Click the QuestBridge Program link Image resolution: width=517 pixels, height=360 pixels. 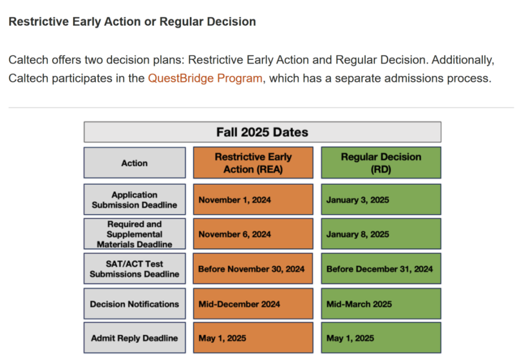click(x=205, y=79)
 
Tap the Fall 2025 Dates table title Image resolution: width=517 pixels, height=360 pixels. click(x=262, y=132)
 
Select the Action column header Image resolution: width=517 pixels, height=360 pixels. click(x=135, y=163)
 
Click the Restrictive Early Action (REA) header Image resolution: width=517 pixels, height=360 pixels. click(x=253, y=163)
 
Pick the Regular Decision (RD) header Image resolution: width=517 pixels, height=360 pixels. click(x=381, y=163)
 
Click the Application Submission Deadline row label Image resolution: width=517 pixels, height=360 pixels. click(x=135, y=200)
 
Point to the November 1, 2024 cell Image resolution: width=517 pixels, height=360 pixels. click(x=253, y=200)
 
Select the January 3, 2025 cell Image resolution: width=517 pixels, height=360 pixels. click(x=381, y=200)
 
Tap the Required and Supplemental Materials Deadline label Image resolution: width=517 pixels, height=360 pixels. click(x=135, y=234)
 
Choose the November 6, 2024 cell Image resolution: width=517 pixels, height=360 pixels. click(x=253, y=234)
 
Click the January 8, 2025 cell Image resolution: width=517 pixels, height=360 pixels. click(x=381, y=234)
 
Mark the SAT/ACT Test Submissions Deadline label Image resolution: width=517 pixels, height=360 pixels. click(x=135, y=269)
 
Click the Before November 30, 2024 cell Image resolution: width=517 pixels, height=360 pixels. click(x=253, y=269)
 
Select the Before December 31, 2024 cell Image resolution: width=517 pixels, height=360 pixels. click(x=381, y=269)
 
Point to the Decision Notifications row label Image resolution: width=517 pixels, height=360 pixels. click(x=135, y=303)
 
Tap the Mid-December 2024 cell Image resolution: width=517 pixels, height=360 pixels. click(x=253, y=303)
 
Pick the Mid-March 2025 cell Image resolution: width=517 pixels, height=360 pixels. click(x=381, y=303)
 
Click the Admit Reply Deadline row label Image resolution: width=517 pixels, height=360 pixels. click(x=135, y=338)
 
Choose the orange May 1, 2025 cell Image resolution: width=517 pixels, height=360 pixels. click(x=253, y=338)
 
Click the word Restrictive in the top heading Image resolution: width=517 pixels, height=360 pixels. click(x=39, y=22)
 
